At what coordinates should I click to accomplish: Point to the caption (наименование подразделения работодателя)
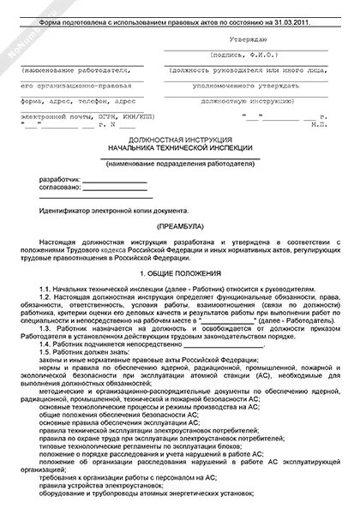(x=180, y=164)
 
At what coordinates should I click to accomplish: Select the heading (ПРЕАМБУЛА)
(x=180, y=227)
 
